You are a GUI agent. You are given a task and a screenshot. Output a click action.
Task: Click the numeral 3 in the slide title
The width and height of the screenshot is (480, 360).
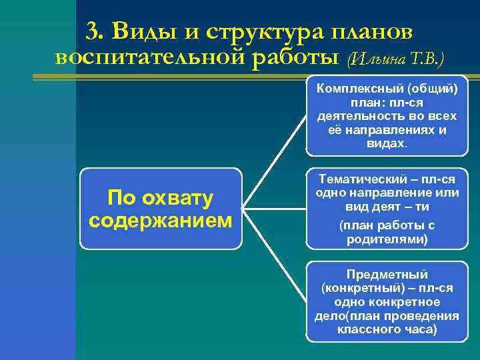pos(93,31)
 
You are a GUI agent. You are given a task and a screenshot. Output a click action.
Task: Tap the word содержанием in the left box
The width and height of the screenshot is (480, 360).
pos(161,220)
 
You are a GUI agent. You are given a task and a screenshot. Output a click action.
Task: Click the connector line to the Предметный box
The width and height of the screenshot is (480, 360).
pos(273,255)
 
